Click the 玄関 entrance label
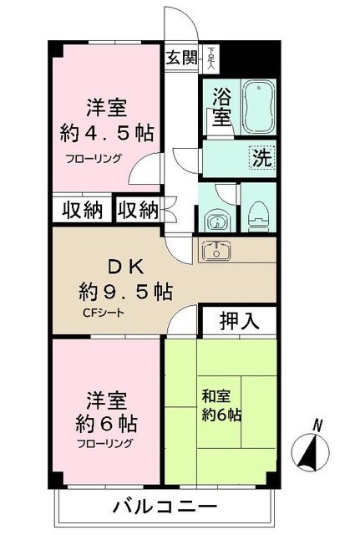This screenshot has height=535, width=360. click(180, 59)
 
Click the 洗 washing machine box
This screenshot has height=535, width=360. click(261, 155)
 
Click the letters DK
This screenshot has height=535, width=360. click(126, 267)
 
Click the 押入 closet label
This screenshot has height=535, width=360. click(238, 319)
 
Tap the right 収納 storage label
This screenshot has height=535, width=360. click(137, 209)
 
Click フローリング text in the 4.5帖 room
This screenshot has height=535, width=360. click(95, 158)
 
